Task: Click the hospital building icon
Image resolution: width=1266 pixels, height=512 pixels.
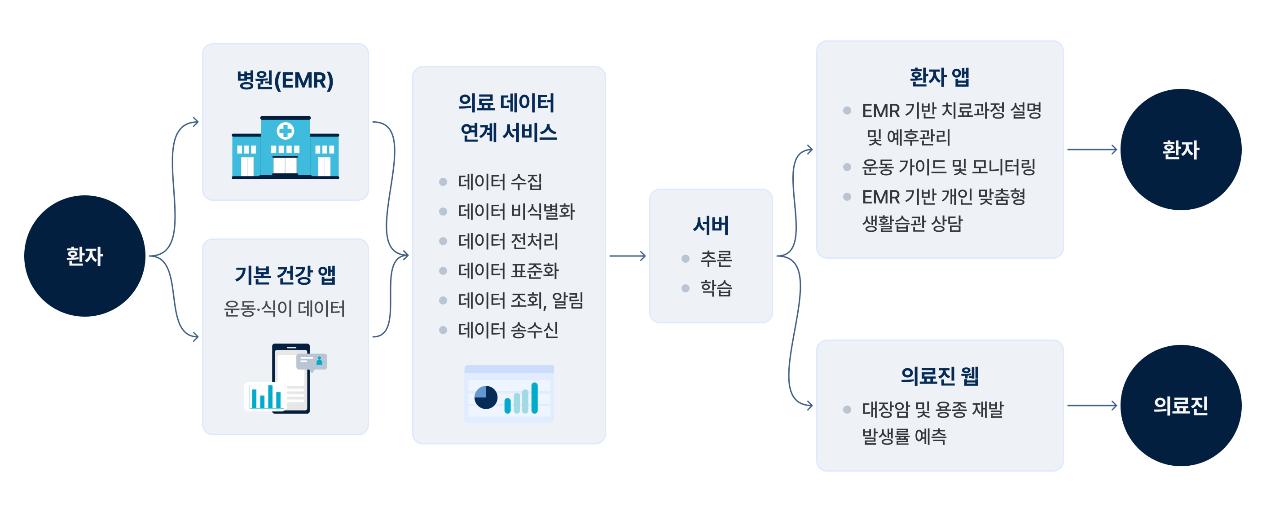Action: pyautogui.click(x=285, y=148)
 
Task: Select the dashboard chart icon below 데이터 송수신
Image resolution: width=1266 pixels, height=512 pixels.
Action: pyautogui.click(x=509, y=393)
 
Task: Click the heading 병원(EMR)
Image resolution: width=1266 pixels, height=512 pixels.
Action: pyautogui.click(x=285, y=80)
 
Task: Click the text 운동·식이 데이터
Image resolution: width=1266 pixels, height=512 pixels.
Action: pyautogui.click(x=284, y=309)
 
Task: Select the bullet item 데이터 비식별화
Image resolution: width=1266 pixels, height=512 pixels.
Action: pyautogui.click(x=515, y=212)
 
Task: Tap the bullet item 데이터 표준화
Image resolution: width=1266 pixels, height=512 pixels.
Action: pyautogui.click(x=508, y=270)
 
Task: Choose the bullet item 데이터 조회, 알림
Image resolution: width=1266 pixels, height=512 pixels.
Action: pyautogui.click(x=520, y=300)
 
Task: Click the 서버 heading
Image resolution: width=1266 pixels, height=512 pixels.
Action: pyautogui.click(x=711, y=225)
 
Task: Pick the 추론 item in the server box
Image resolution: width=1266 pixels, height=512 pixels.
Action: pyautogui.click(x=716, y=258)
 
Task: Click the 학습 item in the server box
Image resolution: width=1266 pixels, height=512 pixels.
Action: pyautogui.click(x=716, y=288)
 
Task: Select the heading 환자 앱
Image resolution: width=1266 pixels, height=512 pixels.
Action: pyautogui.click(x=939, y=77)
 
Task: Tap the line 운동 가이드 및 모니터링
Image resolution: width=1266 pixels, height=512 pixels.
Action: pyautogui.click(x=948, y=167)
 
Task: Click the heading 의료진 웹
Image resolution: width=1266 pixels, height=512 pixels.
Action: pyautogui.click(x=939, y=376)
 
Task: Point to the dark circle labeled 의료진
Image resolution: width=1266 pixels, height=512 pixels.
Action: pyautogui.click(x=1181, y=405)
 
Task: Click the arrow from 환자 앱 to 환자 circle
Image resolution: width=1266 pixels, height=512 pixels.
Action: pyautogui.click(x=1092, y=150)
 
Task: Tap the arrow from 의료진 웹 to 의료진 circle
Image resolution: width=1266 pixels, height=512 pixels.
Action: pyautogui.click(x=1092, y=405)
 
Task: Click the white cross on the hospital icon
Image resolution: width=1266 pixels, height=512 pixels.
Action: pyautogui.click(x=285, y=131)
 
